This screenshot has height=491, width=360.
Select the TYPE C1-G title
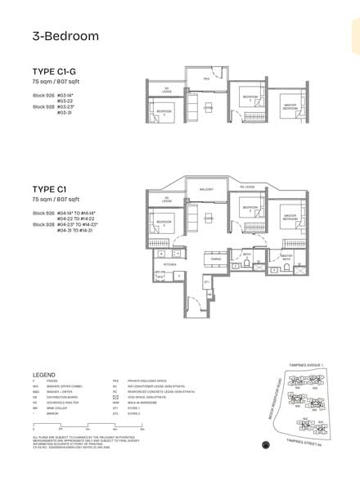54,71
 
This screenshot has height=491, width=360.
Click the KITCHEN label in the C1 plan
170,265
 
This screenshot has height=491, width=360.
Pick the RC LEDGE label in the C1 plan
248,187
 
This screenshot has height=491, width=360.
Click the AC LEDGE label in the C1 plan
166,199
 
